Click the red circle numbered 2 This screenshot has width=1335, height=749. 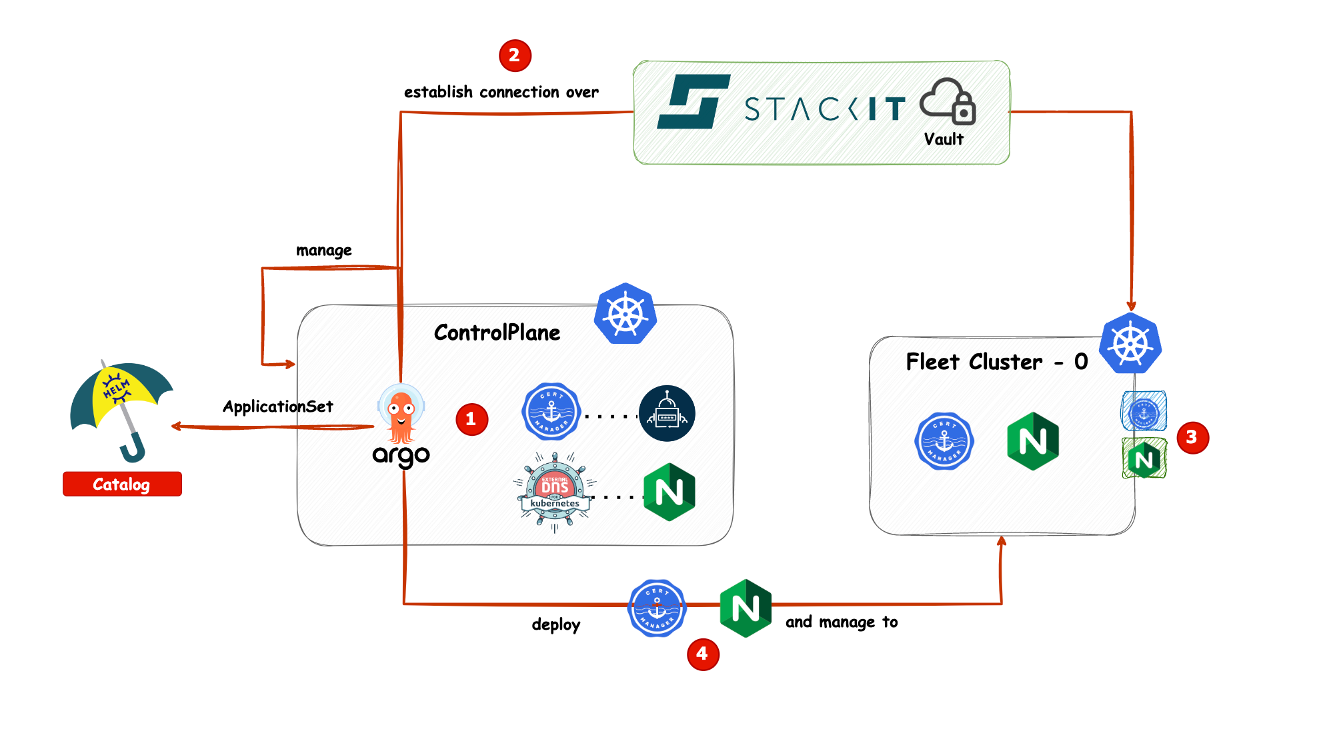(x=515, y=55)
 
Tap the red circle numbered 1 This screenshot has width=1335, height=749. (x=471, y=419)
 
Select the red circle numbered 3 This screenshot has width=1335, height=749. (x=1192, y=437)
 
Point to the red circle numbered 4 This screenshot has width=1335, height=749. (x=703, y=654)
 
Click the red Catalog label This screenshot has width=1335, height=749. (x=122, y=484)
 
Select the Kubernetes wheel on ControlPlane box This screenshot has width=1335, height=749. (x=625, y=314)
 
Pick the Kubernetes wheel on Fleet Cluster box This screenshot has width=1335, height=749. (x=1130, y=344)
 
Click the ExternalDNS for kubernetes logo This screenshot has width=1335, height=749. (x=555, y=492)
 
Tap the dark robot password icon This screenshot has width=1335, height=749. (x=667, y=413)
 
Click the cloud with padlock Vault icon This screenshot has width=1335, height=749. (x=948, y=102)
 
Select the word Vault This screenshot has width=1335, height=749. (x=944, y=139)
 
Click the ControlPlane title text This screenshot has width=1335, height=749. (x=497, y=333)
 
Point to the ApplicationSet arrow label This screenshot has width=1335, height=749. (x=277, y=406)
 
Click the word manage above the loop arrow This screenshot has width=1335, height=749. (x=323, y=251)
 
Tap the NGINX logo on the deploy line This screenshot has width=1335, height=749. (x=746, y=608)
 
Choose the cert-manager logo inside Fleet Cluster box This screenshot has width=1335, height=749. (x=944, y=440)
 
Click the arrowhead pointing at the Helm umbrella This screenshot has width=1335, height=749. (x=175, y=426)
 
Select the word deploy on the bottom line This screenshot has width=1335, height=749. (x=555, y=624)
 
